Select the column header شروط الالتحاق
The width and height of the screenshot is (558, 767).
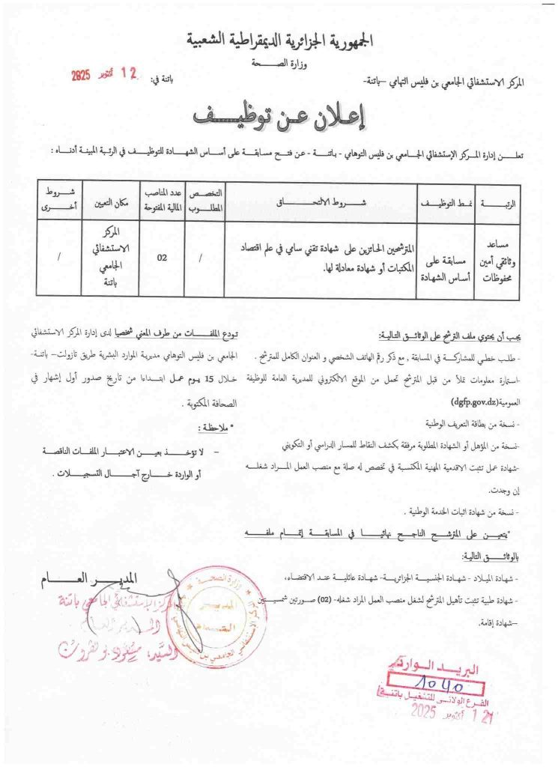click(x=321, y=202)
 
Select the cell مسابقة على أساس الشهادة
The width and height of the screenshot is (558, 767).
click(x=448, y=258)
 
